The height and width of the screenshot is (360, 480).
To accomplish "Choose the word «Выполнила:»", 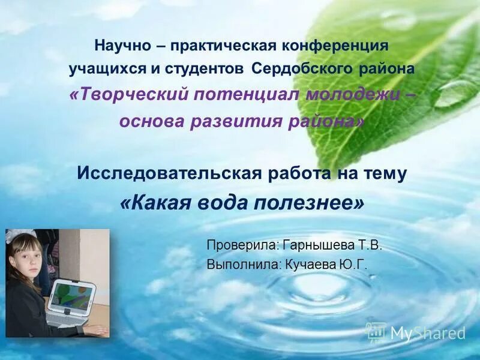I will tap(242, 264).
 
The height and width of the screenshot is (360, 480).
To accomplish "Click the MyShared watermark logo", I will tap(415, 332).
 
